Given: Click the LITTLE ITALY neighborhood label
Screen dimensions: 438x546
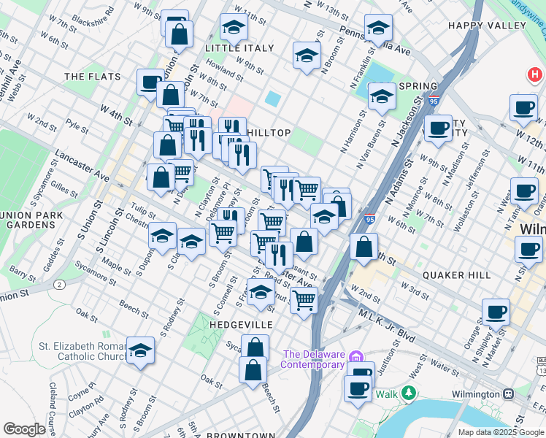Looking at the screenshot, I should (239, 48).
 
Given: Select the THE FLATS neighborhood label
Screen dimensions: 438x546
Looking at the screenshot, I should (87, 76).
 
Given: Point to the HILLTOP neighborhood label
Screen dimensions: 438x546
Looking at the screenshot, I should (269, 133).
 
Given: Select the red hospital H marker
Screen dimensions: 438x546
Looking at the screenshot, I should (536, 75).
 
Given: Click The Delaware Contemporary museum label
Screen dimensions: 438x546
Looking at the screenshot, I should (313, 360).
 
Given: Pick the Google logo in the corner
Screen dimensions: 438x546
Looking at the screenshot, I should (24, 429).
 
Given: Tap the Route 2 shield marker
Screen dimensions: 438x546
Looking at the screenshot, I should (60, 283).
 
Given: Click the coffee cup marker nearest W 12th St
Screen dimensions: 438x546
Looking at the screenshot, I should (523, 108).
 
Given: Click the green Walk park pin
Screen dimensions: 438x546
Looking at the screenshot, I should (409, 394).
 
